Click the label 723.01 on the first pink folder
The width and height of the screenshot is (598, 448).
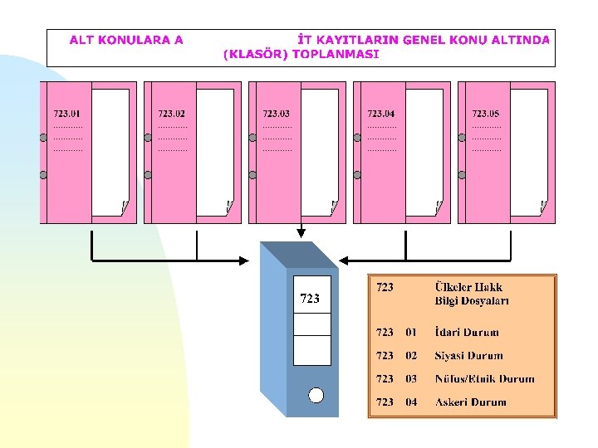[67, 114]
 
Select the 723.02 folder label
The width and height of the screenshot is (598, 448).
[172, 114]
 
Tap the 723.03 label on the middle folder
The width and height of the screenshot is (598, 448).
[277, 114]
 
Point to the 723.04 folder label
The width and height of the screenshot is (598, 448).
[381, 114]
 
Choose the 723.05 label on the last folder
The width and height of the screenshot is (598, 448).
[486, 114]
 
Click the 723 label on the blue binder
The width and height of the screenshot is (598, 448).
[310, 299]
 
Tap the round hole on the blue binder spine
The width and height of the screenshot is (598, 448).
[316, 395]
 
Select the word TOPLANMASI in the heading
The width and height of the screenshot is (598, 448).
[341, 54]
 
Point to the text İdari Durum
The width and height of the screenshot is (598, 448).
[467, 333]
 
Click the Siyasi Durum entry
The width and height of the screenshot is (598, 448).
[468, 356]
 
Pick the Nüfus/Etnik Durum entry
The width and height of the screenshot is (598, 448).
[484, 379]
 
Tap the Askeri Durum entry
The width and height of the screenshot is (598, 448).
[470, 402]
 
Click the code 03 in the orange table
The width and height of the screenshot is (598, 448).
[411, 379]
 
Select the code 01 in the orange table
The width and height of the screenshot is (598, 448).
[411, 333]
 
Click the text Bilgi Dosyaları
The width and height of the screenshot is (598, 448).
[472, 301]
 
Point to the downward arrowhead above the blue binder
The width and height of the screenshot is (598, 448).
[301, 233]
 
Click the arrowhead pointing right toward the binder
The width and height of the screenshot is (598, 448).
[243, 261]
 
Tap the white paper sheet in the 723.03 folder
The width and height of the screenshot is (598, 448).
[320, 149]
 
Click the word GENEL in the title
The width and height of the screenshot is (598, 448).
[425, 39]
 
